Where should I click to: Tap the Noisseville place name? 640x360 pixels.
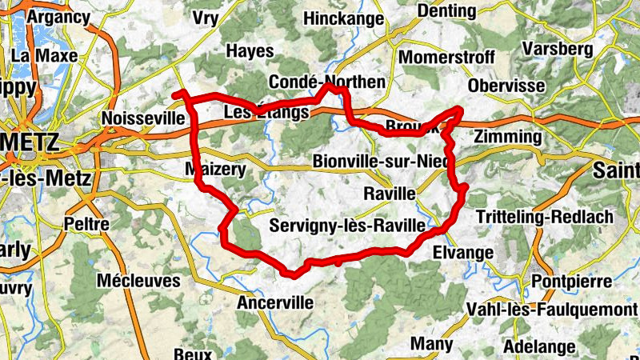click(x=143, y=118)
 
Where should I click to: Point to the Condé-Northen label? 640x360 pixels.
click(x=327, y=82)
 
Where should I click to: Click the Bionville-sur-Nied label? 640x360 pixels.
click(x=380, y=161)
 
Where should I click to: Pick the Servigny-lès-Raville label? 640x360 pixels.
click(x=347, y=226)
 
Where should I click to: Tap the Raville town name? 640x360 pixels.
click(x=390, y=194)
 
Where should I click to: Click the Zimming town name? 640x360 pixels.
click(x=507, y=137)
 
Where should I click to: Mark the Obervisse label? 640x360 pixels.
click(x=507, y=86)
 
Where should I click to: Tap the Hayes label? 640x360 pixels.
click(x=250, y=50)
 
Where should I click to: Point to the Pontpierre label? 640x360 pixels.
click(x=574, y=282)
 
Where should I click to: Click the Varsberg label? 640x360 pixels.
click(x=557, y=49)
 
